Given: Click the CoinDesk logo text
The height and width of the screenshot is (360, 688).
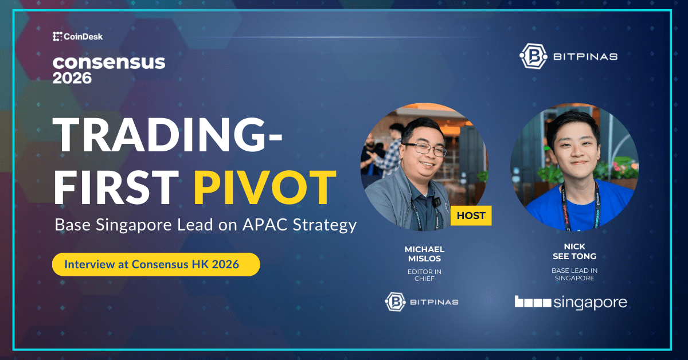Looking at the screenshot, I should (x=83, y=37).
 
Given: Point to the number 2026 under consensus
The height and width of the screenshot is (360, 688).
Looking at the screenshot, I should (x=72, y=78).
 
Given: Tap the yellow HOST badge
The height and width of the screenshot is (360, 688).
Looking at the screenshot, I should (x=471, y=216).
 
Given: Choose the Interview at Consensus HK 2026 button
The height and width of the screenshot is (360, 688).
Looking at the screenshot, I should (x=156, y=265).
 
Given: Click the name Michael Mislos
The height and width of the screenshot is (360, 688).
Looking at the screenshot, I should (x=424, y=254).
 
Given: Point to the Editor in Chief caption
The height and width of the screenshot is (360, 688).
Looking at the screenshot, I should (x=424, y=276).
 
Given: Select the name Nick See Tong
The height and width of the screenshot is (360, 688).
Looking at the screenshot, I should (x=574, y=252).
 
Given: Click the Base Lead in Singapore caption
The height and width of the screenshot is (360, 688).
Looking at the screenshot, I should (x=574, y=274).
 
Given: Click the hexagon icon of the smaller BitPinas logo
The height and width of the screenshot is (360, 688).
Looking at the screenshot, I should (x=396, y=302).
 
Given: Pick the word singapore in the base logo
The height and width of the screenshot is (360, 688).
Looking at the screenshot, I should (x=590, y=302).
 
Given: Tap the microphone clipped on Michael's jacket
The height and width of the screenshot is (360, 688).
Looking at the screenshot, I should (x=436, y=202).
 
